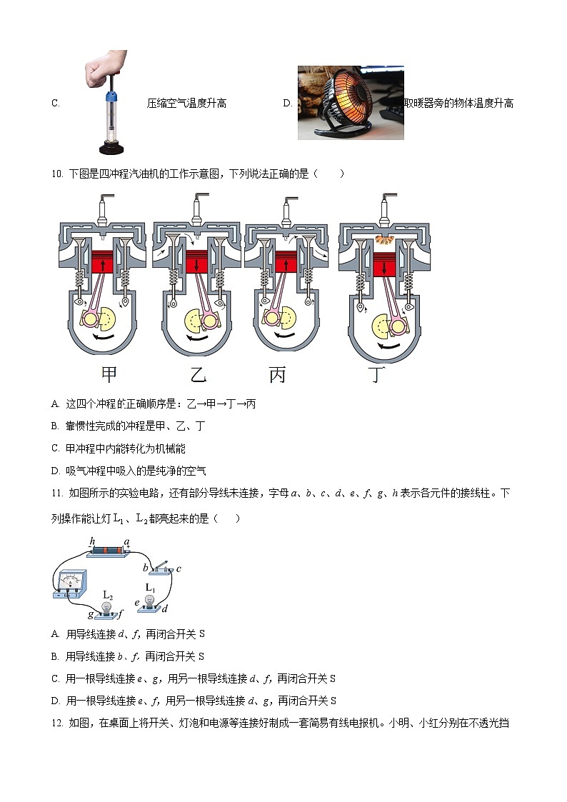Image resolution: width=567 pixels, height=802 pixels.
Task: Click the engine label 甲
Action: pyautogui.click(x=109, y=374)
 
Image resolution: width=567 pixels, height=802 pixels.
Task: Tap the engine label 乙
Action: pyautogui.click(x=198, y=374)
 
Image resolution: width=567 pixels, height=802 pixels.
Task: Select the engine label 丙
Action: pyautogui.click(x=277, y=374)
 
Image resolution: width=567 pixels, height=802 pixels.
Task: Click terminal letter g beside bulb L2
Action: pyautogui.click(x=91, y=614)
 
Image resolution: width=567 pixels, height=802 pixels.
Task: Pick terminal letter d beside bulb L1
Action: pyautogui.click(x=165, y=608)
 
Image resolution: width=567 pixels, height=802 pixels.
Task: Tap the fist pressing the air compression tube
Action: pyautogui.click(x=105, y=66)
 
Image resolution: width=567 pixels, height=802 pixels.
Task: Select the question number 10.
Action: pyautogui.click(x=57, y=174)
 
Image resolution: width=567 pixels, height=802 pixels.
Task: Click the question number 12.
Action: pyautogui.click(x=57, y=723)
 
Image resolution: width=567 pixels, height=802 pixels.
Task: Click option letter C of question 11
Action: pyautogui.click(x=55, y=678)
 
